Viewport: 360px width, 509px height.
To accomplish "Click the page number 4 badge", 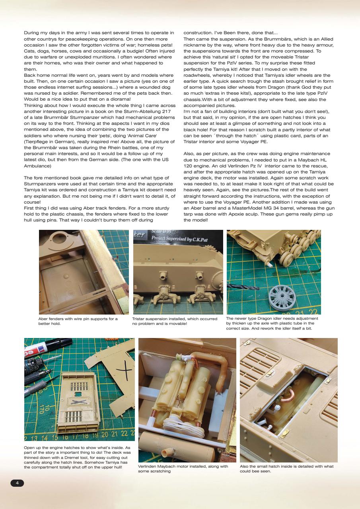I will (17, 483).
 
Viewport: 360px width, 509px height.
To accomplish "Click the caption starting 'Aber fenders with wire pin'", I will (78, 321).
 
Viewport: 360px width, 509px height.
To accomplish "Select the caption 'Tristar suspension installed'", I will (175, 321).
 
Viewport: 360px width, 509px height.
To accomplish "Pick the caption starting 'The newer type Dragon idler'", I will (272, 324).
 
